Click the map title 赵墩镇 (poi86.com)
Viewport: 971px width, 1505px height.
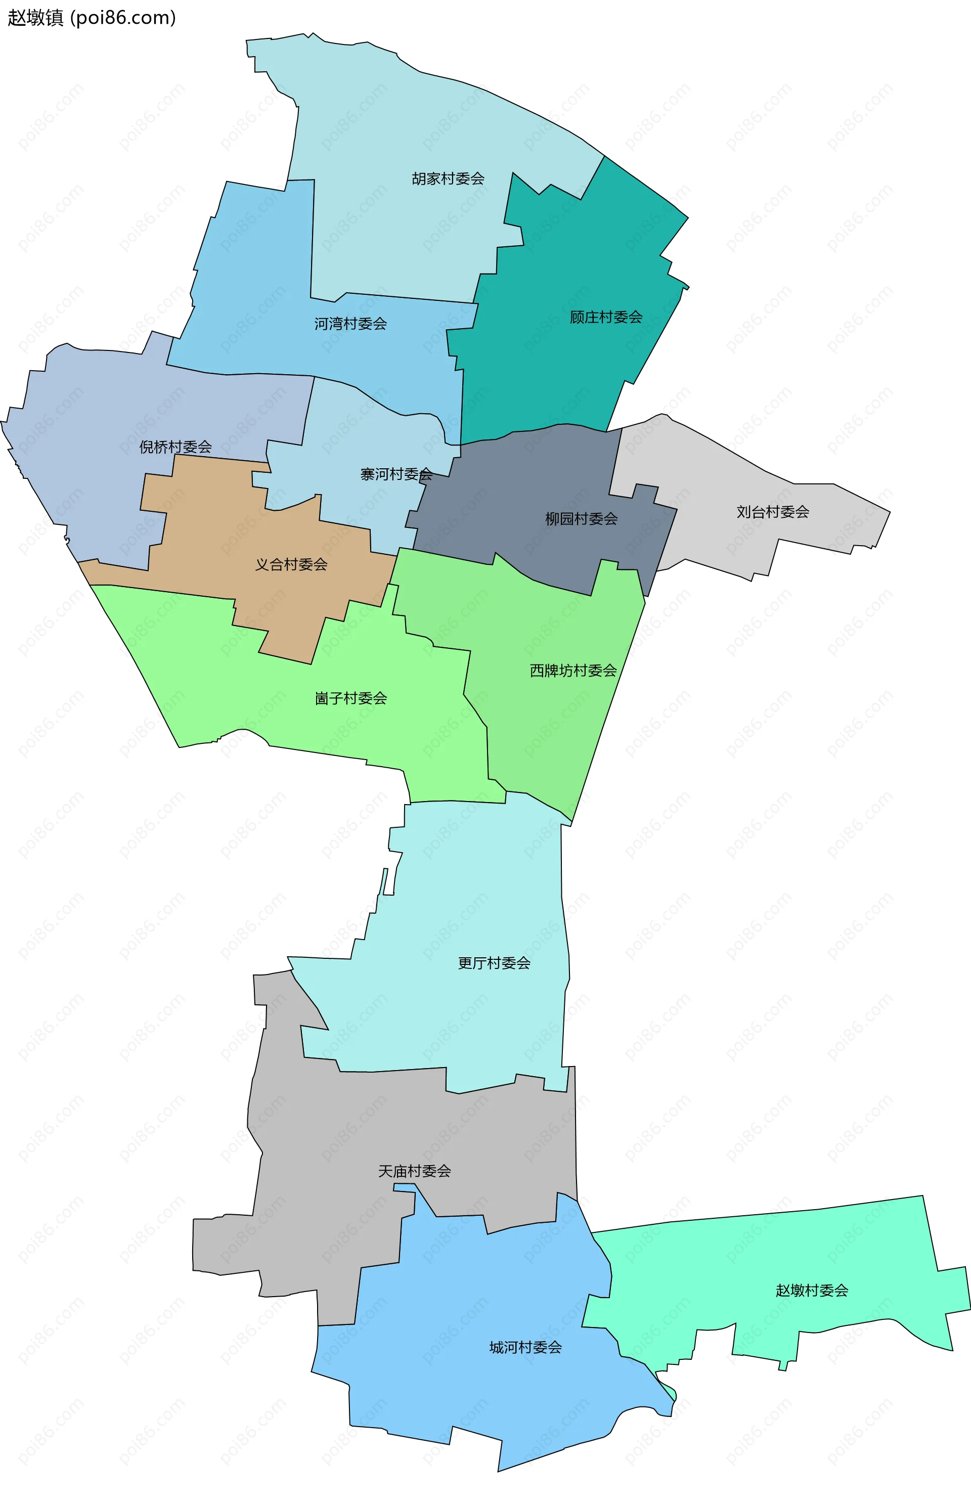92,18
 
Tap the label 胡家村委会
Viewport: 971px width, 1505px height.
448,179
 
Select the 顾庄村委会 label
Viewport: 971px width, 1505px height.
606,317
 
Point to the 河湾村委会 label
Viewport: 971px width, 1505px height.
350,324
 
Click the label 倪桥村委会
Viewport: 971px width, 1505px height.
175,447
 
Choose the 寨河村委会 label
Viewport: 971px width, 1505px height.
396,474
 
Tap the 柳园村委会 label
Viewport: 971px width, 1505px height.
582,519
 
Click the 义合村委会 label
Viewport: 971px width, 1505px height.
291,564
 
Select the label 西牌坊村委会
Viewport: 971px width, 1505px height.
573,670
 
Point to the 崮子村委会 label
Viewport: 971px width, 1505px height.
350,698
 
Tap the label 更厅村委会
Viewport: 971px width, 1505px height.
494,963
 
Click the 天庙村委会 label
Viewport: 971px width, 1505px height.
414,1171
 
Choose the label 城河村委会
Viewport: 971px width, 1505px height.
525,1347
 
